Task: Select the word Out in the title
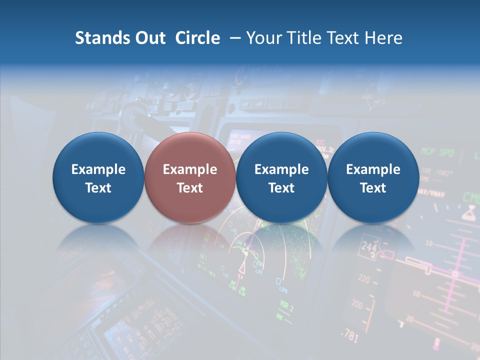148,38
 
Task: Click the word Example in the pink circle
190,169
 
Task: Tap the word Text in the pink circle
190,188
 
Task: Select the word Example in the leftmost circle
98,169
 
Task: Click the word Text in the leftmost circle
98,188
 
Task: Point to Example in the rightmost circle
373,169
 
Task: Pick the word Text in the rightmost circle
373,188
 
